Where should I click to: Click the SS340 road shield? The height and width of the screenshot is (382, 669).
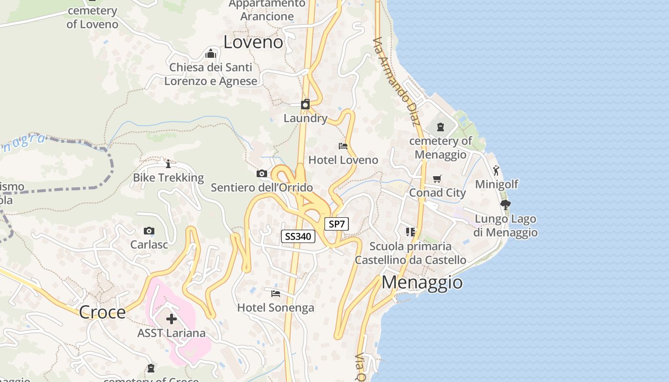(x=298, y=236)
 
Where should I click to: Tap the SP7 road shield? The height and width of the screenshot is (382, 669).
(x=336, y=223)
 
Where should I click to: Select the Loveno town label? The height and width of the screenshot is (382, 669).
(x=253, y=42)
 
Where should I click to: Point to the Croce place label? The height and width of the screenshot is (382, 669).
(x=102, y=312)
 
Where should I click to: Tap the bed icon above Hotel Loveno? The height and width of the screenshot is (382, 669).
(x=343, y=146)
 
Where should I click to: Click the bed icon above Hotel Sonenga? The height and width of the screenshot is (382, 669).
(x=276, y=293)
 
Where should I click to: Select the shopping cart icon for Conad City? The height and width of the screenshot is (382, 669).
(x=437, y=179)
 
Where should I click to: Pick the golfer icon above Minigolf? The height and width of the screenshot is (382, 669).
(x=496, y=170)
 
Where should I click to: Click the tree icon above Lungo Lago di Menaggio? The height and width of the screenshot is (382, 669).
(x=506, y=205)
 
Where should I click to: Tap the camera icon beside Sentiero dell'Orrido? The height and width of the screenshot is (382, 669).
(x=261, y=174)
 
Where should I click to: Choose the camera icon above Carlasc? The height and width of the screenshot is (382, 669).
(x=149, y=231)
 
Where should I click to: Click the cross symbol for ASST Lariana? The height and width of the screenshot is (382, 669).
(x=171, y=319)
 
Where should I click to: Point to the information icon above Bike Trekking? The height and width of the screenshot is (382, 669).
(x=168, y=164)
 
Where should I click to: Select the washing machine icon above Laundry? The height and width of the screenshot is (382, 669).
(x=305, y=104)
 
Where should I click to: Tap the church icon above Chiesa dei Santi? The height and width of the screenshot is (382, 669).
(x=211, y=53)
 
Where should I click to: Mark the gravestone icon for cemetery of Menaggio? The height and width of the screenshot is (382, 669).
(x=440, y=127)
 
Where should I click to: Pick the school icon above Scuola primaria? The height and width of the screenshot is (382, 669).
(x=410, y=232)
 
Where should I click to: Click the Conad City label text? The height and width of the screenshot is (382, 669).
(x=437, y=193)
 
